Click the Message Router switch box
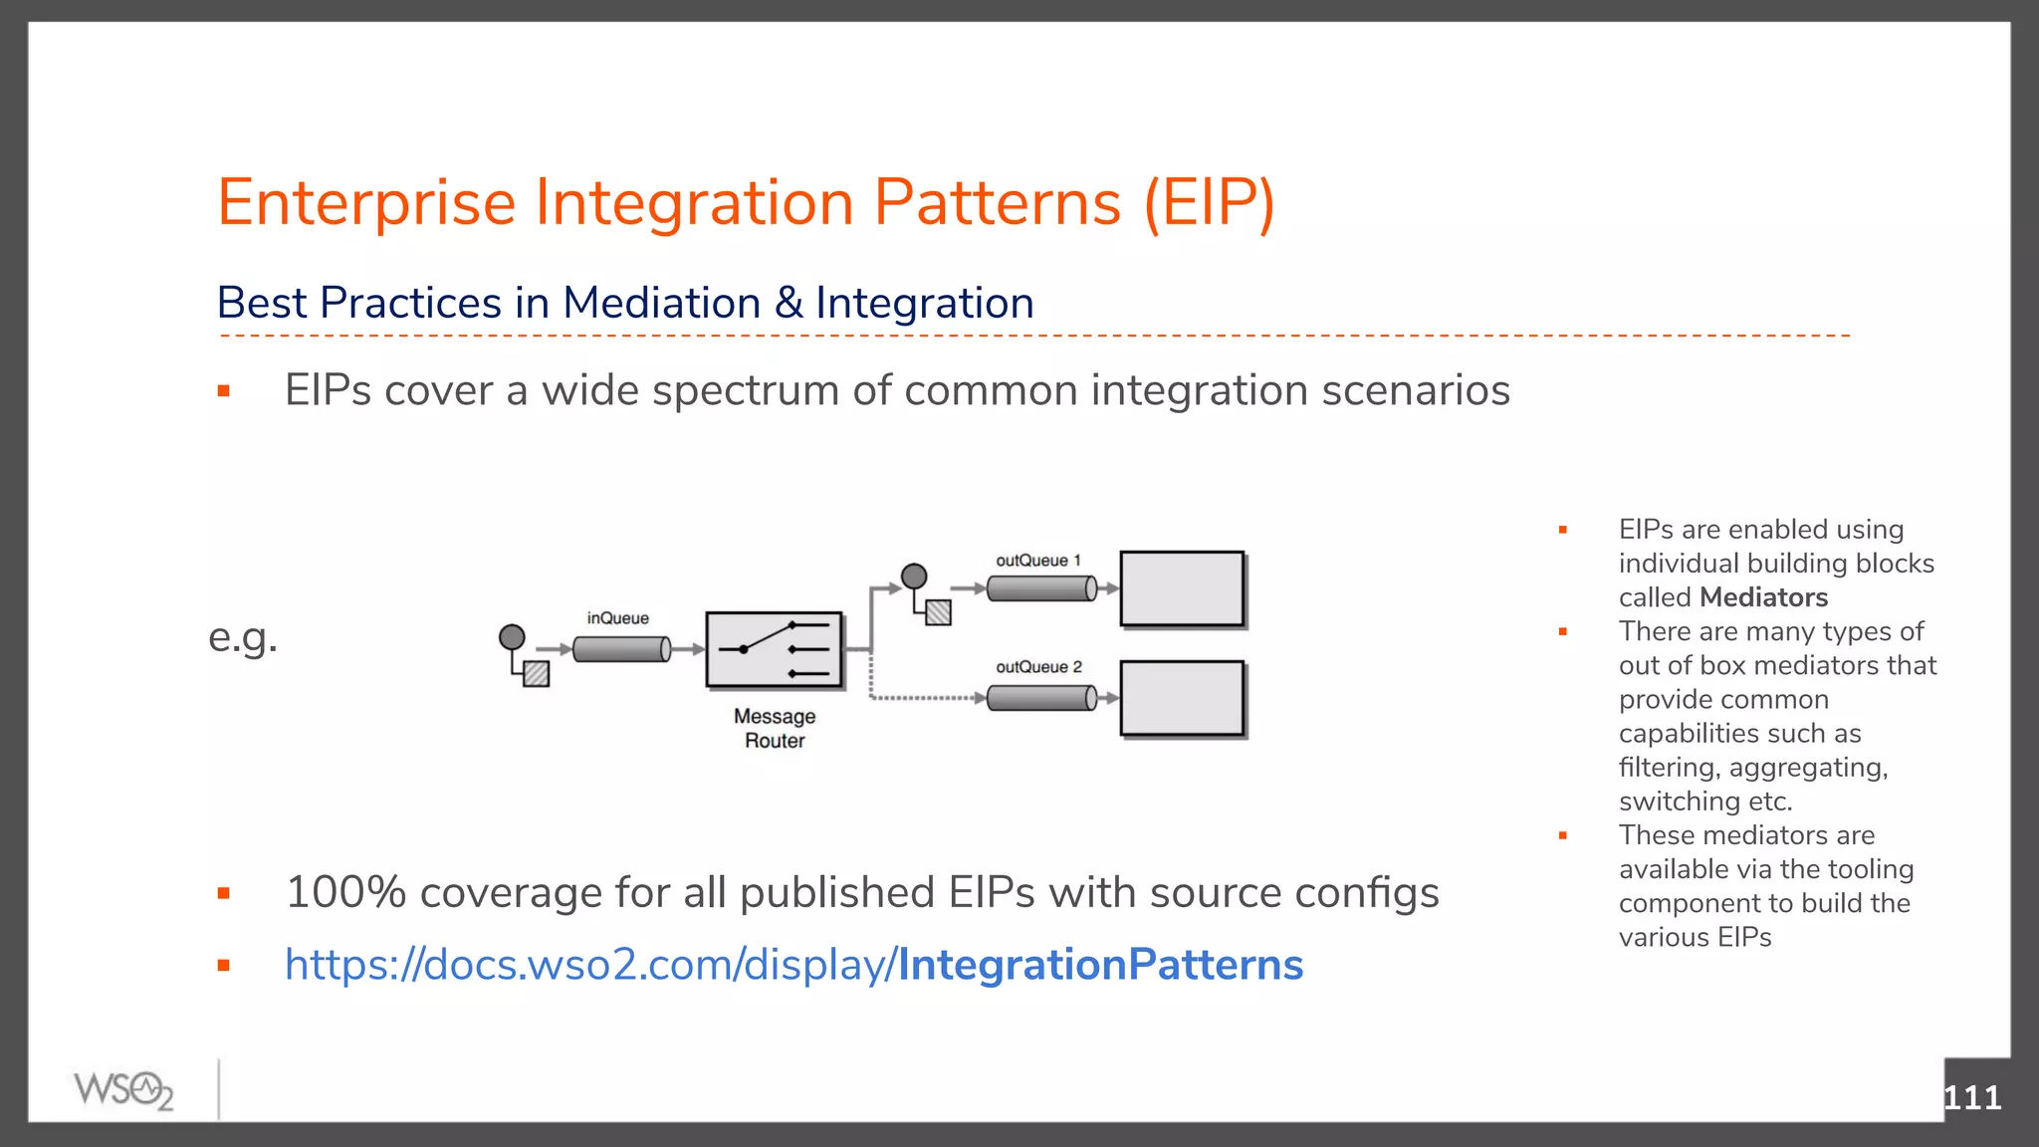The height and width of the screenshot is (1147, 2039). click(774, 650)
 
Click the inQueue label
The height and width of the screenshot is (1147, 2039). click(617, 618)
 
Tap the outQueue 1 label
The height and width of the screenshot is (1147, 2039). click(1037, 561)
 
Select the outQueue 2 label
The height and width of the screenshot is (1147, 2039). click(1038, 667)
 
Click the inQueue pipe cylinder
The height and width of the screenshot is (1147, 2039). click(621, 649)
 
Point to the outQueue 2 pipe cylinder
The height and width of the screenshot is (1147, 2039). click(1041, 698)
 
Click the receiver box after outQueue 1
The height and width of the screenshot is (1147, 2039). click(1182, 589)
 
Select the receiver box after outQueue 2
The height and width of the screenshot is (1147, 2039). click(1182, 698)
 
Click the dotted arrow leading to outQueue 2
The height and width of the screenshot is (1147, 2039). click(926, 698)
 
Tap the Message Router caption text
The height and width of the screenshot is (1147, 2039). click(775, 729)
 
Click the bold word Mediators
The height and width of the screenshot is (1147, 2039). click(1763, 597)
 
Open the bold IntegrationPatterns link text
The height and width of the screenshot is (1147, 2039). click(1100, 965)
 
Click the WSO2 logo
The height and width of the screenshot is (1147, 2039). click(123, 1089)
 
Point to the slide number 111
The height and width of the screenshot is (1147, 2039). click(1971, 1097)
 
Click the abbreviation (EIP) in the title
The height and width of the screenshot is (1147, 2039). click(1208, 203)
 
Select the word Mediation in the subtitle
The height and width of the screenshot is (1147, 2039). click(661, 303)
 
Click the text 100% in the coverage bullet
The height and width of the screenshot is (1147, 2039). click(345, 892)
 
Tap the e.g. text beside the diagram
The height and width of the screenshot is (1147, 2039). click(243, 637)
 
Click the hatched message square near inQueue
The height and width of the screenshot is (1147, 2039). click(537, 674)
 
